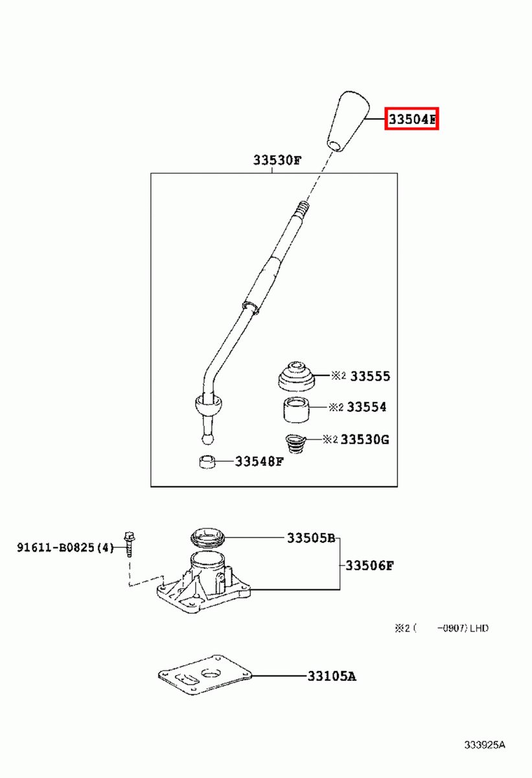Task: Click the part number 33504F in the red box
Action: (411, 119)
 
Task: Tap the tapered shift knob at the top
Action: (348, 121)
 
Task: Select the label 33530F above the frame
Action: (277, 161)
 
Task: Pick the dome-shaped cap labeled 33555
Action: (296, 377)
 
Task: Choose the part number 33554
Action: (367, 407)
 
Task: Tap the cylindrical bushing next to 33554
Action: (295, 410)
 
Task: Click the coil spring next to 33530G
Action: (295, 444)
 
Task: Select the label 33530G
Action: (365, 440)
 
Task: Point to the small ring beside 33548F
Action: (207, 462)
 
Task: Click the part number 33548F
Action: (259, 462)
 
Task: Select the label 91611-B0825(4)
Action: (65, 548)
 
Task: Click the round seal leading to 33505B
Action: (208, 537)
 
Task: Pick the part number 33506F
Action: (369, 566)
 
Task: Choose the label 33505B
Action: (311, 538)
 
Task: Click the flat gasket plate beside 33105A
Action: (205, 675)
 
